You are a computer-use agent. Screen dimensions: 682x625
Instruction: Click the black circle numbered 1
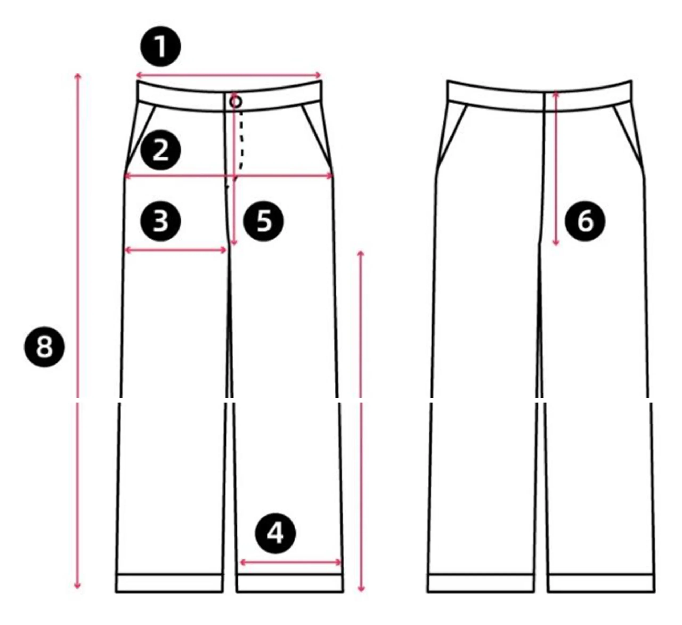click(x=161, y=46)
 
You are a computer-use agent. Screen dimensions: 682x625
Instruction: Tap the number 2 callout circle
click(x=161, y=150)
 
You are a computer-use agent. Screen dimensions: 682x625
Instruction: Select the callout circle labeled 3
click(x=161, y=221)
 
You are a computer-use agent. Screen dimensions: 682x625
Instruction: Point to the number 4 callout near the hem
click(x=276, y=534)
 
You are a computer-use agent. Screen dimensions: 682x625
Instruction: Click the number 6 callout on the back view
click(x=585, y=221)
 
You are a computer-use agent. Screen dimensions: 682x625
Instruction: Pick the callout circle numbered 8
click(x=44, y=347)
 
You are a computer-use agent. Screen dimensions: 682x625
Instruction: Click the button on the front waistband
click(x=236, y=101)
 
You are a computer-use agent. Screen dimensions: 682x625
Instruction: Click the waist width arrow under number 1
click(x=228, y=75)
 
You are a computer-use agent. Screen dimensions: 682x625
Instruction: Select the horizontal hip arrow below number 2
click(x=229, y=176)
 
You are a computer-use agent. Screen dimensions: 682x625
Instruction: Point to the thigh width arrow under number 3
click(x=176, y=250)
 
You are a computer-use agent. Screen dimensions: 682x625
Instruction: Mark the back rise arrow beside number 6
click(x=555, y=168)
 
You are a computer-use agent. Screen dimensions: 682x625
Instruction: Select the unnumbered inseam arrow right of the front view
click(x=361, y=421)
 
